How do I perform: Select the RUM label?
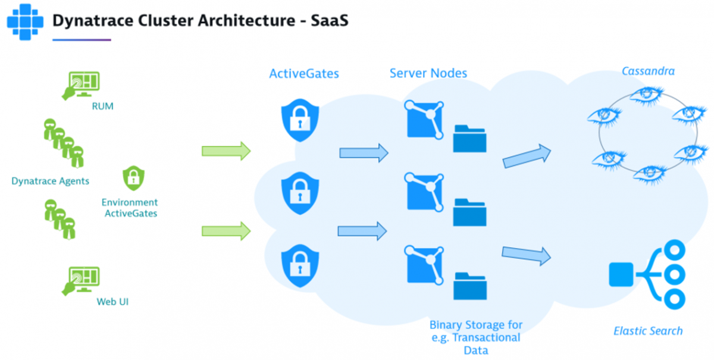102,107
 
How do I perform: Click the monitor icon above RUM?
82,84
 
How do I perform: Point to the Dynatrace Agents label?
51,181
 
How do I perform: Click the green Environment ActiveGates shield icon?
133,177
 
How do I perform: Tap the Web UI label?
112,302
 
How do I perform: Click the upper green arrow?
226,151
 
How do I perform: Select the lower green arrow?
226,230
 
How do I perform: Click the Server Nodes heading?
428,74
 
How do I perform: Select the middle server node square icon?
424,192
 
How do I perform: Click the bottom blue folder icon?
470,286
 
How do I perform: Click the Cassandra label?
648,71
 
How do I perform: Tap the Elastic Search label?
648,331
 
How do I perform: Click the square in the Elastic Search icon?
622,274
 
